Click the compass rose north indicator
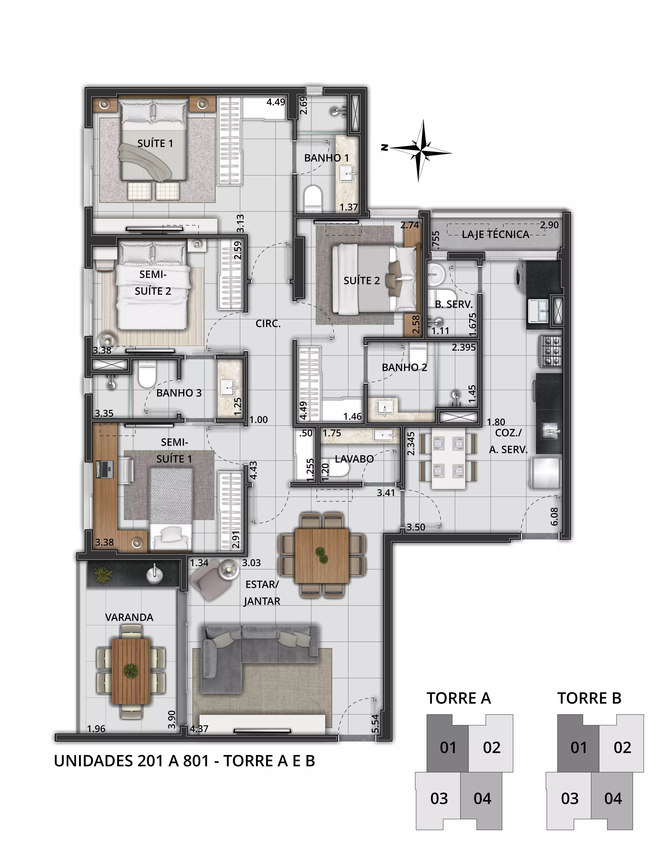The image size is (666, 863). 384,148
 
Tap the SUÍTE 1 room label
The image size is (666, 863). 155,143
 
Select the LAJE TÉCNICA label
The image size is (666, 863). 495,234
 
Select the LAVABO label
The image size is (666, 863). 354,459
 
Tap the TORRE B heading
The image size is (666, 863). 589,698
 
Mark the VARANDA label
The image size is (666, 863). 129,617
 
